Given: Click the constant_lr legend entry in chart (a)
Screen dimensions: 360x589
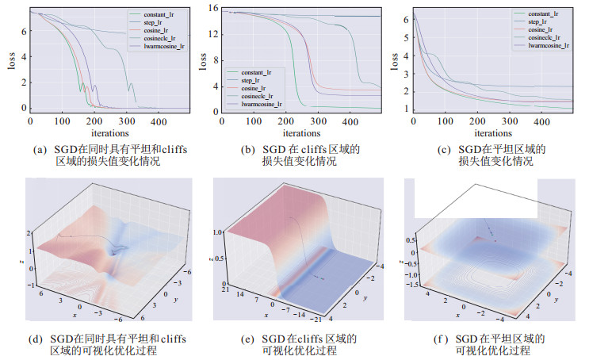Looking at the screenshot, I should coord(147,15).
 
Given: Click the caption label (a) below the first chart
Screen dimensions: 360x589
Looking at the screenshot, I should coord(37,148).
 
